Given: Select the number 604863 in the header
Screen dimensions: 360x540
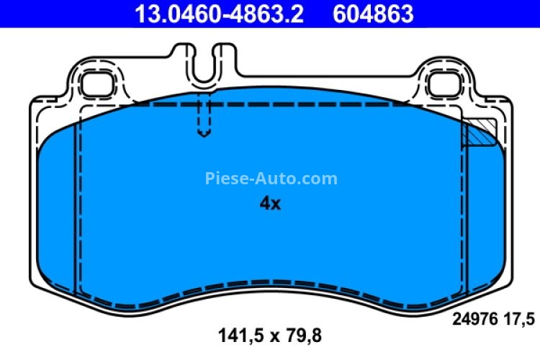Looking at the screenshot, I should [374, 13].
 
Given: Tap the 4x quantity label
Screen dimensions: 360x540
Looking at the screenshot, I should [269, 204].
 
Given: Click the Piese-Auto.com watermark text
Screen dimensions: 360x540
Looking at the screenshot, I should [271, 178].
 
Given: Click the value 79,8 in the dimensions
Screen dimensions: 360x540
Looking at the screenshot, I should [302, 335].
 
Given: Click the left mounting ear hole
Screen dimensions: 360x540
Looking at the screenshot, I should [93, 84].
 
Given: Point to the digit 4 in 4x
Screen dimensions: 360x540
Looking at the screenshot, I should [264, 204].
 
